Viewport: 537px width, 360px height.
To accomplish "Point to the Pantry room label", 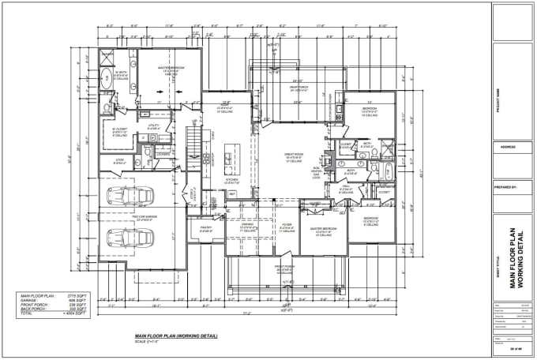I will pyautogui.click(x=206, y=229).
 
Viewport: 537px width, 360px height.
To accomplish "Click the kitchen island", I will pyautogui.click(x=228, y=157).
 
